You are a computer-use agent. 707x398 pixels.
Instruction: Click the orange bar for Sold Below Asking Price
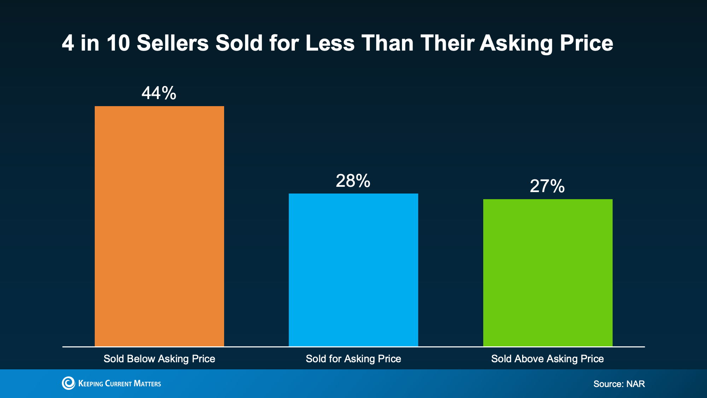pos(159,226)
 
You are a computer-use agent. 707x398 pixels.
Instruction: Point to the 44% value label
pos(159,93)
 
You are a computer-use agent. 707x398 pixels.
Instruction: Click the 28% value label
pos(353,181)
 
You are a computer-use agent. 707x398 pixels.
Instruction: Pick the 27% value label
pos(547,186)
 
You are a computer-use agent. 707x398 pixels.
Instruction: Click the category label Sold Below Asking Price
pos(159,359)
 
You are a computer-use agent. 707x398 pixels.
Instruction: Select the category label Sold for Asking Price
pos(353,359)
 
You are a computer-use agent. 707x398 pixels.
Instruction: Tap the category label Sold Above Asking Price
pos(547,359)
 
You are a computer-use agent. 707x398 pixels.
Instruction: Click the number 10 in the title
pos(118,43)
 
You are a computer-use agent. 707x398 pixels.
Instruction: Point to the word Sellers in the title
pos(173,43)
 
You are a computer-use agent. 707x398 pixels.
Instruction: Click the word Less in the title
pos(330,43)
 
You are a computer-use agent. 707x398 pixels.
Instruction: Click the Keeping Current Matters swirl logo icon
pos(69,383)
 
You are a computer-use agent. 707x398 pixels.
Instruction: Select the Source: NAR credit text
pos(619,384)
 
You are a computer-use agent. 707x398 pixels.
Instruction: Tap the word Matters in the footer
pos(147,383)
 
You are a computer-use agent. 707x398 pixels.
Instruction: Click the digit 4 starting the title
pos(68,43)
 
